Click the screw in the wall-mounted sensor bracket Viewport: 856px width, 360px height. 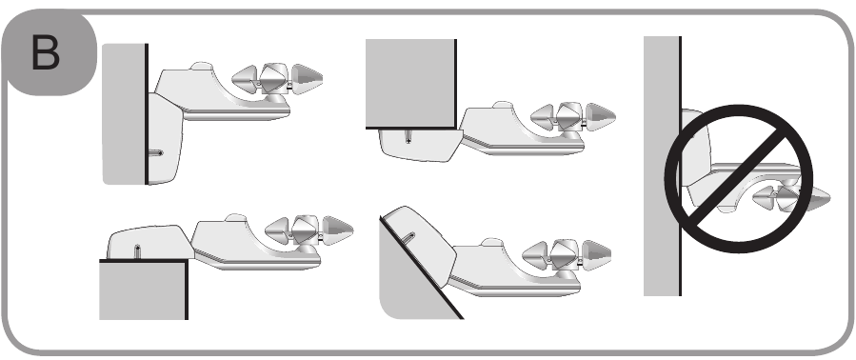(x=156, y=151)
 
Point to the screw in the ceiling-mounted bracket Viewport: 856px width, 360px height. (x=408, y=135)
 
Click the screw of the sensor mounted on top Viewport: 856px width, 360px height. (x=138, y=251)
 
